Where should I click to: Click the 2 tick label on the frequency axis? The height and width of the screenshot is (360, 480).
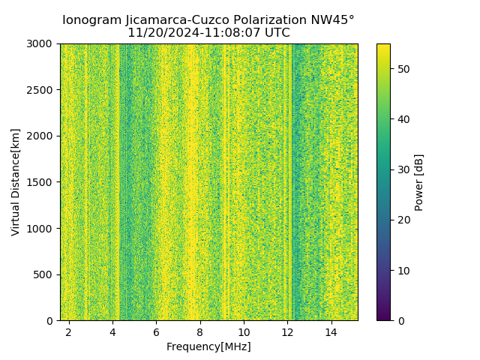pos(69,331)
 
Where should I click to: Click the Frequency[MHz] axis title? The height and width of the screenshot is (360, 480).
pos(208,346)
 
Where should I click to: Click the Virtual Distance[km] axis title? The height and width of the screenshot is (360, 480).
pos(16,182)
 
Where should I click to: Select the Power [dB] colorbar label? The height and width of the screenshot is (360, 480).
pos(419,182)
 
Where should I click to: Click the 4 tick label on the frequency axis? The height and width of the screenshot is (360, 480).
pos(112,331)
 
